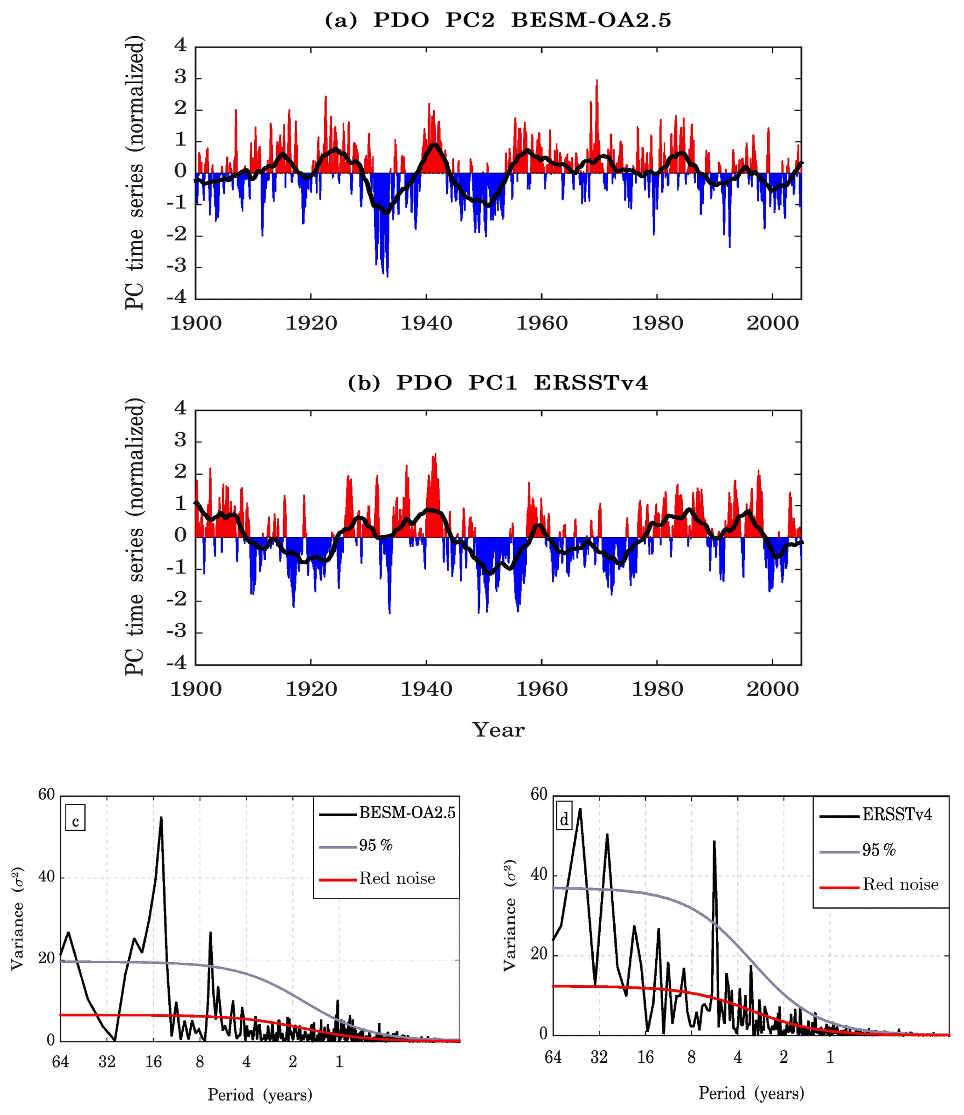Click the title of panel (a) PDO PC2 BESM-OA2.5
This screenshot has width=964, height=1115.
[x=498, y=21]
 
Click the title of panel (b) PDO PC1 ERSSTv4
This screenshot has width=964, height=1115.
[x=498, y=383]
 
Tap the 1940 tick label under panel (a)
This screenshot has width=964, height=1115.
[x=426, y=323]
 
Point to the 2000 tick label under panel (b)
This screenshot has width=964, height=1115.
[x=772, y=689]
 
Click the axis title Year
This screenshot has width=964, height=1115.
[x=498, y=730]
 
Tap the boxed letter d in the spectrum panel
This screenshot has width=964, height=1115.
[x=564, y=820]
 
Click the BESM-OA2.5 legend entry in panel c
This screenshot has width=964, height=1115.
[x=407, y=813]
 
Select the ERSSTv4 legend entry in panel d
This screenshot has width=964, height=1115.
[x=897, y=815]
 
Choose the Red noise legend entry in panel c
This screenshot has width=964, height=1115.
[x=397, y=879]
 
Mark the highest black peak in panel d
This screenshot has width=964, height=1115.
[x=580, y=809]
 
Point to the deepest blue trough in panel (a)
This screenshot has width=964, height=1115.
[x=387, y=276]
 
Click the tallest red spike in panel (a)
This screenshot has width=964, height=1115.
[x=596, y=81]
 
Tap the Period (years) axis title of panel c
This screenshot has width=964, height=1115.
[x=260, y=1094]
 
